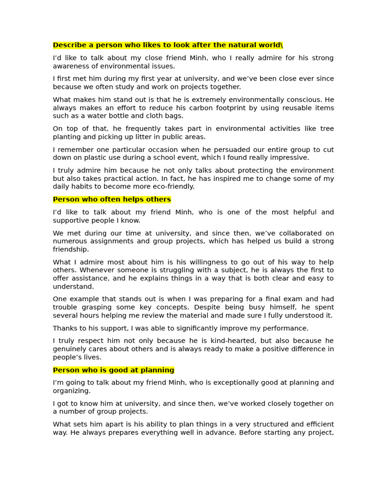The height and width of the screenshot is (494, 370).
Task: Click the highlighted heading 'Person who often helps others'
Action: [112, 199]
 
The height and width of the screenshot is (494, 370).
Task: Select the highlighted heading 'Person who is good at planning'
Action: [113, 370]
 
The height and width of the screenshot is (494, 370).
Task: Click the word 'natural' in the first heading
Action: [226, 45]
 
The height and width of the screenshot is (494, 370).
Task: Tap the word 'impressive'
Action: [289, 158]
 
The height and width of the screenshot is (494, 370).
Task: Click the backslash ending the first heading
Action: [282, 45]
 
